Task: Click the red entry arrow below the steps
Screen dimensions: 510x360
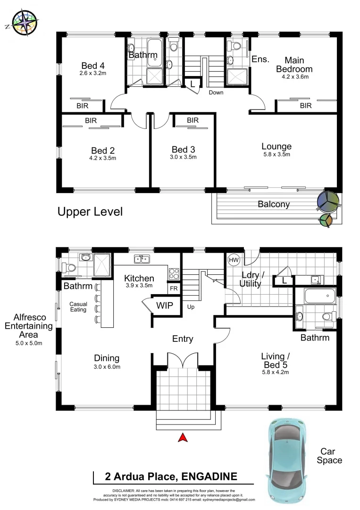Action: (183, 438)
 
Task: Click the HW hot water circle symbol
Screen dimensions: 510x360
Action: (234, 260)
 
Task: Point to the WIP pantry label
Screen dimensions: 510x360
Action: (165, 306)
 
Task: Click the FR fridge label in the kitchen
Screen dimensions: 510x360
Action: (173, 288)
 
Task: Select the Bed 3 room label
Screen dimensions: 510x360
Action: (183, 149)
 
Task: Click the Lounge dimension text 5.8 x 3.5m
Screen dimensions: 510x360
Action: (276, 154)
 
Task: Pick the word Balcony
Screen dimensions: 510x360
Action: (274, 204)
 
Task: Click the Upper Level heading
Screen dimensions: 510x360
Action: (90, 212)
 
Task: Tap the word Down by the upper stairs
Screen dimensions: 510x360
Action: (216, 93)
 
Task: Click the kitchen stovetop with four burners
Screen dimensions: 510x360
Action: (174, 273)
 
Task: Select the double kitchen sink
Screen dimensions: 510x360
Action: (142, 258)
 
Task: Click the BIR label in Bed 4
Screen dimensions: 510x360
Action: (82, 106)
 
